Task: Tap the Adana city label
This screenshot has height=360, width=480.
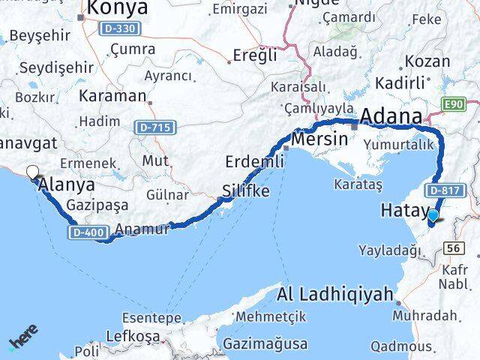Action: [x=391, y=117]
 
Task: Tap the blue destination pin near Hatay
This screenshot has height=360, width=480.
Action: [x=433, y=216]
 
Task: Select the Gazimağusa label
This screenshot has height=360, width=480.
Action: [x=265, y=344]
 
